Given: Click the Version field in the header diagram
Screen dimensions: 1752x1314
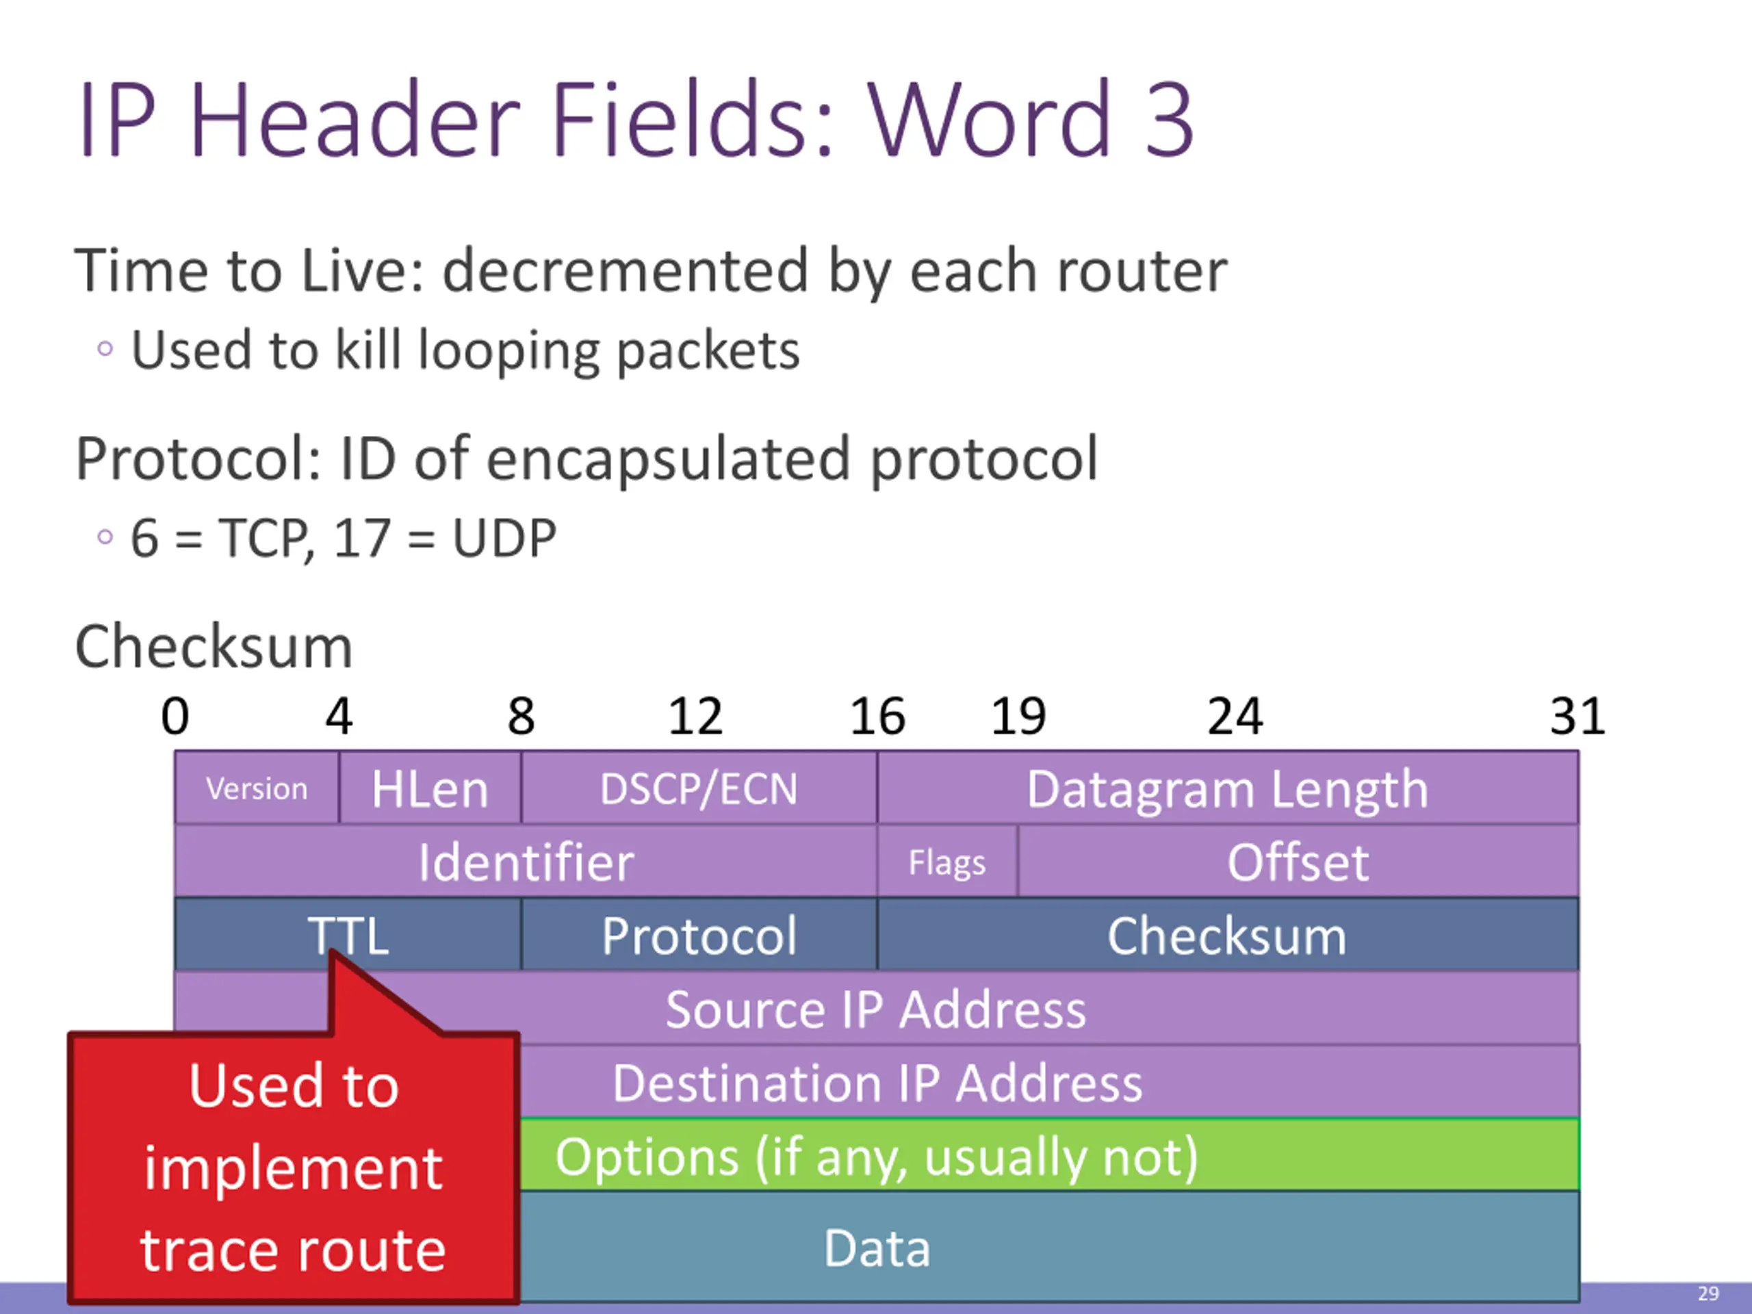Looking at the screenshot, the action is (x=257, y=789).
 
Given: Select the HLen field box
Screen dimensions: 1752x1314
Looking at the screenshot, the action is (x=430, y=789).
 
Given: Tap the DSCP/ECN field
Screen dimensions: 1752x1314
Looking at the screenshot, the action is (x=699, y=789).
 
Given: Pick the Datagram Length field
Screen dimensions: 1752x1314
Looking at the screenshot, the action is (x=1227, y=789).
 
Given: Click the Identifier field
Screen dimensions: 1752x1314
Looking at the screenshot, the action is (x=526, y=862).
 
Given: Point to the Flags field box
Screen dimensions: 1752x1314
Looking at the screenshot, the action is (x=947, y=862).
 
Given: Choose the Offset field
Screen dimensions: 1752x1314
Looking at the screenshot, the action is (x=1298, y=862).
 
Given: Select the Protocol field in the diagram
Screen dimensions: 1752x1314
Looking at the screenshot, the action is (x=699, y=936).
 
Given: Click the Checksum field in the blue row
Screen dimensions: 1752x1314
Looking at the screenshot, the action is (x=1227, y=936).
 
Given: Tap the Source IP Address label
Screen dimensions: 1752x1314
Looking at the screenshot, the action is (x=875, y=1009).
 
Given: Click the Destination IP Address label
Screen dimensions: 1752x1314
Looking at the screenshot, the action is (x=877, y=1083).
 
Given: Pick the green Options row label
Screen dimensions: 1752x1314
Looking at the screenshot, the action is (x=876, y=1157).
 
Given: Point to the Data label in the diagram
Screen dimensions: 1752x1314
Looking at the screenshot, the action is (x=877, y=1248).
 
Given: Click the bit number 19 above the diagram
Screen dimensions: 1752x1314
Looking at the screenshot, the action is (x=1018, y=716).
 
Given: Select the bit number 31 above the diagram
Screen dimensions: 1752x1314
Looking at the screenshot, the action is (x=1577, y=716).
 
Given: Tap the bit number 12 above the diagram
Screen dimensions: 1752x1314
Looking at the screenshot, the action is (x=695, y=716).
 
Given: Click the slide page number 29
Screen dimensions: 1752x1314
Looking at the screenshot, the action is (x=1708, y=1293).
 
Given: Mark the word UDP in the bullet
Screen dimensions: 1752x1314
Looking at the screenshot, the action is (x=504, y=539).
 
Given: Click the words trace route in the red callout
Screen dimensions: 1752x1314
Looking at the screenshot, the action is (x=293, y=1250).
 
